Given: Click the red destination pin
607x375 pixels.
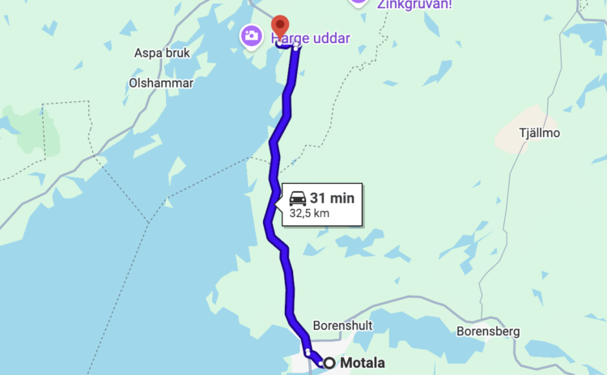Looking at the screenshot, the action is (x=280, y=26).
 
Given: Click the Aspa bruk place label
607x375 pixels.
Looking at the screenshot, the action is (x=161, y=53).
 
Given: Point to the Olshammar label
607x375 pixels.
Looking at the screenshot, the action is (x=160, y=83).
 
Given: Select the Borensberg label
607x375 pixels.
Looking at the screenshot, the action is (x=487, y=330).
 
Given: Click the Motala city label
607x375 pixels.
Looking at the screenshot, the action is (x=362, y=363).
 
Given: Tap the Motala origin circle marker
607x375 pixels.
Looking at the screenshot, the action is (x=329, y=363).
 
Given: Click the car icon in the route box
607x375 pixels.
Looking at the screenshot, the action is (x=298, y=198).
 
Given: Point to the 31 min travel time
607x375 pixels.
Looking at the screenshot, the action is (x=332, y=198).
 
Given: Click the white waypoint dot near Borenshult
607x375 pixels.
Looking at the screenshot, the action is (x=308, y=352).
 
